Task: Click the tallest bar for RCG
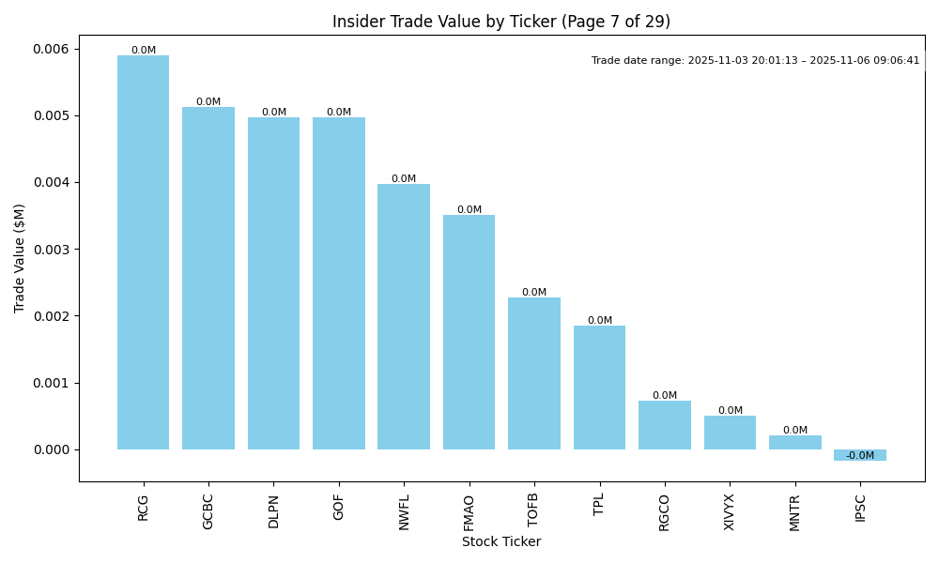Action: [x=143, y=252]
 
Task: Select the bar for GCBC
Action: [x=208, y=278]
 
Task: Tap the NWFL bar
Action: [x=404, y=316]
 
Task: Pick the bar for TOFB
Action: [x=534, y=373]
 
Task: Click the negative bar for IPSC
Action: [x=860, y=455]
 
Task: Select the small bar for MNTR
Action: [x=795, y=442]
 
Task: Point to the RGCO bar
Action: [x=665, y=425]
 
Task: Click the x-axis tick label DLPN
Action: [x=273, y=511]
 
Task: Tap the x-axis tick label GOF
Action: [x=339, y=508]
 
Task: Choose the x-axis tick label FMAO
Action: [x=469, y=512]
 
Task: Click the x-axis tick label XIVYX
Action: [x=730, y=512]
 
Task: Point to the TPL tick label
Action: [x=599, y=506]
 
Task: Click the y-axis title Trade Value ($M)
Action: [x=20, y=257]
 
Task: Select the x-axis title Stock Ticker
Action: [x=501, y=541]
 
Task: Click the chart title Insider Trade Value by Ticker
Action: [x=501, y=22]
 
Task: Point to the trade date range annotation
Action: [x=755, y=61]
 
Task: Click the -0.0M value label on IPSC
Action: [x=860, y=456]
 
